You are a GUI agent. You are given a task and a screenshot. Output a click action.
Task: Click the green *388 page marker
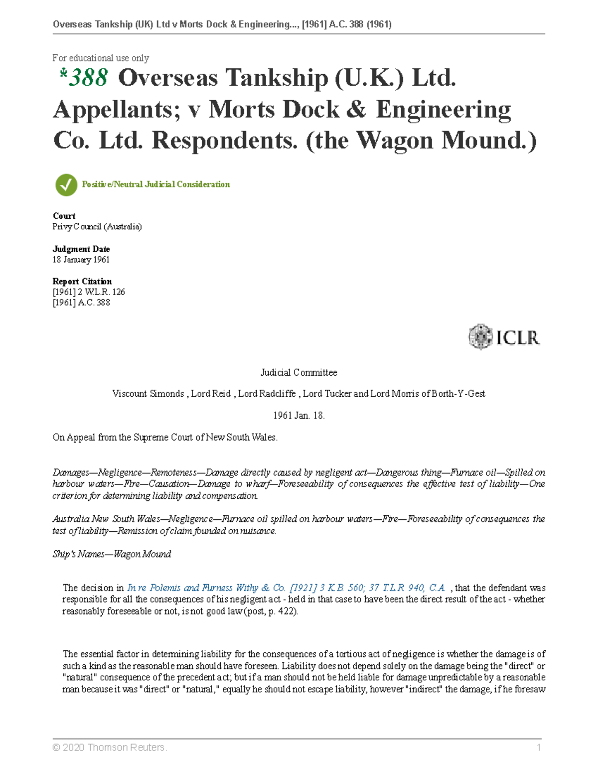[84, 78]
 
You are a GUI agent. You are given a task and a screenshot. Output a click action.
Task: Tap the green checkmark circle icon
[66, 185]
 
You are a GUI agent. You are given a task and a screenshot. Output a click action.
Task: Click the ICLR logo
[504, 337]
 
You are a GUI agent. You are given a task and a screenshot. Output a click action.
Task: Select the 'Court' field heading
[64, 216]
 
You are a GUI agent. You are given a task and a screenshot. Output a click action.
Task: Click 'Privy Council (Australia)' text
[97, 227]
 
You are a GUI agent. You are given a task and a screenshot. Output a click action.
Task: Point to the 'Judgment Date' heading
[81, 249]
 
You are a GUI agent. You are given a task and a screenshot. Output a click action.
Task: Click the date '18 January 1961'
[81, 260]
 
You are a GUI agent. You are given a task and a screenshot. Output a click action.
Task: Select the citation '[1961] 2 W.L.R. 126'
[89, 292]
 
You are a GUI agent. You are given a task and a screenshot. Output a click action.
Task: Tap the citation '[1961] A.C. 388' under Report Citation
[81, 303]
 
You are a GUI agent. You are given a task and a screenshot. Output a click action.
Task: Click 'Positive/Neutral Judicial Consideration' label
[155, 184]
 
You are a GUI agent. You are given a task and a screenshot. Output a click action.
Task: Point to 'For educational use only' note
[101, 58]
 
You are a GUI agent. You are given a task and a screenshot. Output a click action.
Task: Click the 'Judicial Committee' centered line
[299, 372]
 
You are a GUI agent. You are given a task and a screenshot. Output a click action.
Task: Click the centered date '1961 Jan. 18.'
[299, 416]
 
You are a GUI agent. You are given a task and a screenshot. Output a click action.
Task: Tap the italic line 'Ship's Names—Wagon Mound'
[112, 554]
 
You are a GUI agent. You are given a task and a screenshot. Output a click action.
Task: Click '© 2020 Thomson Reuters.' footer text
[110, 747]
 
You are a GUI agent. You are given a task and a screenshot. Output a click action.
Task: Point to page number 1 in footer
[538, 747]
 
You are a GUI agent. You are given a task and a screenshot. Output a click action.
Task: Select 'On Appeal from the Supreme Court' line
[165, 438]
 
